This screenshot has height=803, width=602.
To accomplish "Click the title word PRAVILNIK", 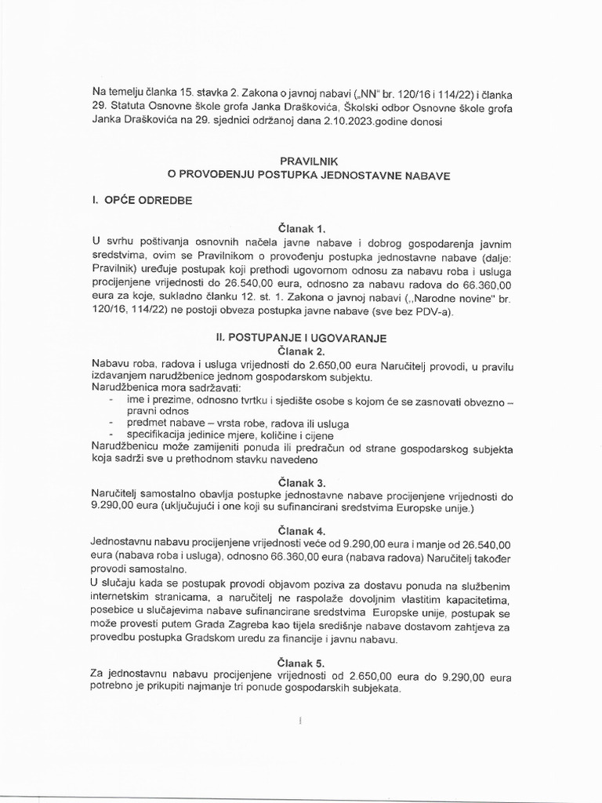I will click(x=301, y=160).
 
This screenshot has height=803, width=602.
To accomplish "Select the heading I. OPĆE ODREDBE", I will click(x=143, y=201).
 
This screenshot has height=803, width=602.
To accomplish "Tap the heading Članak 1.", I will click(x=301, y=229).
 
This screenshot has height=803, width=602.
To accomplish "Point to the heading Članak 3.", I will click(x=301, y=483).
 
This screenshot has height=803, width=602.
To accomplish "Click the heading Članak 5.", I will click(x=301, y=663).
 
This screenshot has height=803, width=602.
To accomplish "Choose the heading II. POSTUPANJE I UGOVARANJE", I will click(x=301, y=337).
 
